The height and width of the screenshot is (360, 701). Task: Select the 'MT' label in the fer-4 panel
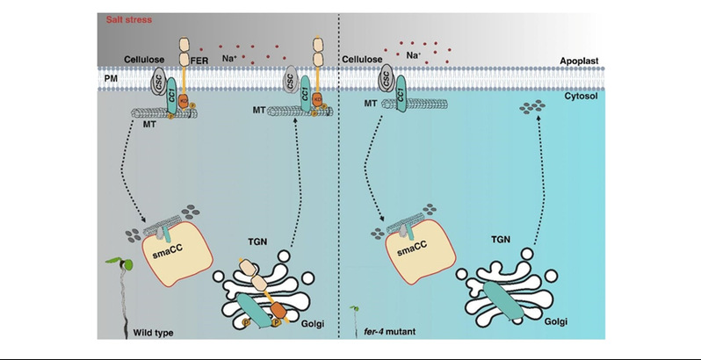tap(371, 105)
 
